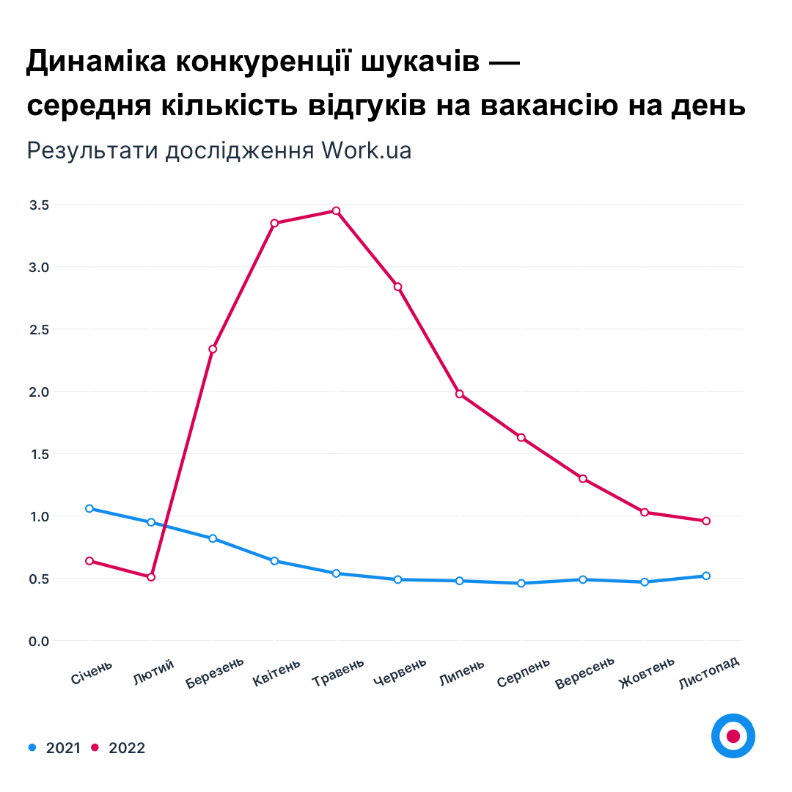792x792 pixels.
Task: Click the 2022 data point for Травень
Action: coord(337,211)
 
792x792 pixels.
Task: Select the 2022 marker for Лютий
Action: coord(151,577)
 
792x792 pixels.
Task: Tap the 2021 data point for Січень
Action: coord(89,508)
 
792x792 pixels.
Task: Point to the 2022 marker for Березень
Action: coord(213,349)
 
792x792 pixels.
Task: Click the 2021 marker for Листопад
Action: coord(706,576)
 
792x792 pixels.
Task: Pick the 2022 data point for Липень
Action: coord(460,394)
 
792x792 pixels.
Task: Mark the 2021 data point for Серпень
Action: coord(521,584)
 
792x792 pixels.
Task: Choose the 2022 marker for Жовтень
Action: coord(645,512)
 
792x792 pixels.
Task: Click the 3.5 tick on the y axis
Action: coord(39,205)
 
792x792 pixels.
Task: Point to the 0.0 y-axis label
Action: coord(39,642)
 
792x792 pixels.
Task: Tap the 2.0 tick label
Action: coord(39,392)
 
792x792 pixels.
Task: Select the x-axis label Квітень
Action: coord(276,672)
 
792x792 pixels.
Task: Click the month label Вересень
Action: coord(584,674)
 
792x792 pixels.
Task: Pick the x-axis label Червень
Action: coord(400,673)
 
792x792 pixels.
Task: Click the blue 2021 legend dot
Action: coord(32,747)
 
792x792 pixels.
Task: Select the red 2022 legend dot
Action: coord(95,747)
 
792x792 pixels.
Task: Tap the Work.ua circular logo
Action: coord(733,736)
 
